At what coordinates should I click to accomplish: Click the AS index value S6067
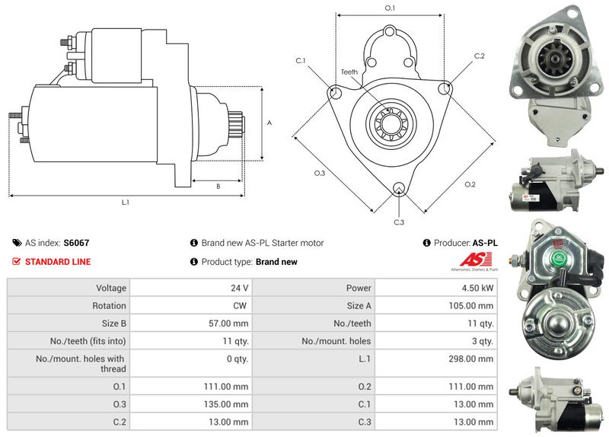(76, 243)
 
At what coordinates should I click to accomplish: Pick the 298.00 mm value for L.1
(470, 359)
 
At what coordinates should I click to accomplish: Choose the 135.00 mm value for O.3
(226, 404)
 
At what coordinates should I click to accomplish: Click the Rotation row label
(109, 306)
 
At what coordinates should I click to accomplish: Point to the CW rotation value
(240, 306)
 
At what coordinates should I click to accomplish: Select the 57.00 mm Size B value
(228, 324)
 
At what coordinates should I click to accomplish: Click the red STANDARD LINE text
(58, 262)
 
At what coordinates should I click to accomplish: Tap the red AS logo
(476, 259)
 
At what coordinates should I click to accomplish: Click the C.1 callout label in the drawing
(301, 61)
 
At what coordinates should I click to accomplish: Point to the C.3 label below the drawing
(399, 222)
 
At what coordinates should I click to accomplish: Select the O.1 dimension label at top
(390, 8)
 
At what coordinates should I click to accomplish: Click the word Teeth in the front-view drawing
(349, 72)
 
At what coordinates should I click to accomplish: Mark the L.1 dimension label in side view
(125, 203)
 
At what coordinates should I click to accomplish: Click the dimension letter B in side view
(218, 187)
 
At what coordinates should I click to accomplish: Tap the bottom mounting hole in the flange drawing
(398, 189)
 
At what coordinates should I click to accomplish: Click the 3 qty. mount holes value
(483, 341)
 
